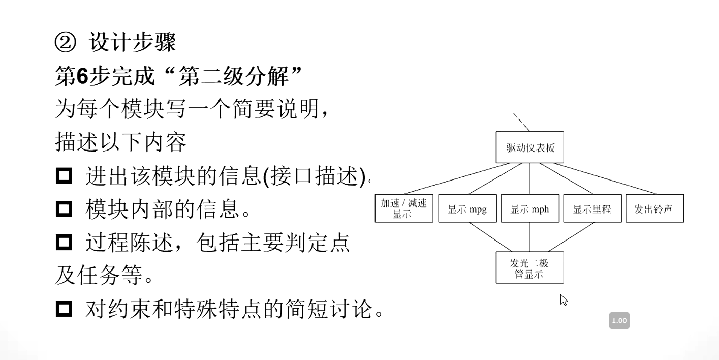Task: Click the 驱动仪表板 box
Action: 529,147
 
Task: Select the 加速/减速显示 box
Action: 404,208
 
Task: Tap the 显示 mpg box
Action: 467,208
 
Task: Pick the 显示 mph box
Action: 530,208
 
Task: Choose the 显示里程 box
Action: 592,208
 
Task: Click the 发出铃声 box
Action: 654,208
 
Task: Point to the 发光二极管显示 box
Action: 529,267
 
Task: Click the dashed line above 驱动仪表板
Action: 521,122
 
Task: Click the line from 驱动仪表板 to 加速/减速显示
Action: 452,178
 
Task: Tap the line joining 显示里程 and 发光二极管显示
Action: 571,237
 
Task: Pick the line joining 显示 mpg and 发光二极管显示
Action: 490,237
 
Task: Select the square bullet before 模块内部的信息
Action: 64,208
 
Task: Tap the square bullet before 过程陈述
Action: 64,242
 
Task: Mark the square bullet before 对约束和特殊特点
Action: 64,308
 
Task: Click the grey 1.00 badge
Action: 619,320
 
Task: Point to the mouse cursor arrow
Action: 562,299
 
